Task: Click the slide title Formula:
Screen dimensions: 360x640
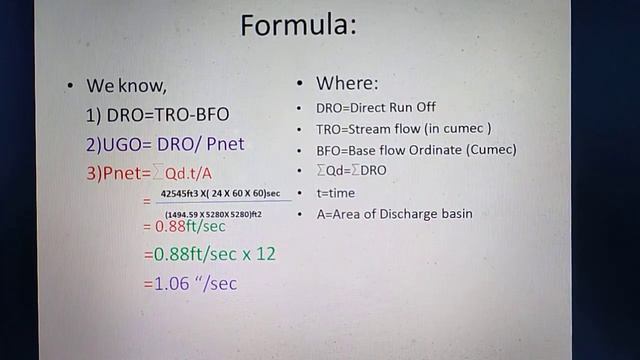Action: click(298, 24)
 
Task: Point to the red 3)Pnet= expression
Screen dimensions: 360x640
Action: click(150, 173)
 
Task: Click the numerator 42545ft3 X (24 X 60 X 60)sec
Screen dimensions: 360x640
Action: click(220, 193)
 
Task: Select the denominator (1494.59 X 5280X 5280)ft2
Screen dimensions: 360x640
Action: click(213, 213)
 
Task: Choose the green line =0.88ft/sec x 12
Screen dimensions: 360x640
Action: click(210, 254)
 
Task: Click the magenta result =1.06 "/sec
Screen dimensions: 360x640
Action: click(191, 283)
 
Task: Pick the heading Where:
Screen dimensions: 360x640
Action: click(346, 83)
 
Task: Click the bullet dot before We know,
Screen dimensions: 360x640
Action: click(70, 86)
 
